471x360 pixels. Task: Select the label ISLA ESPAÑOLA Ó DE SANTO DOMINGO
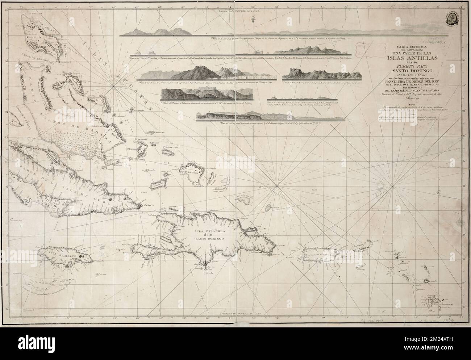point(209,235)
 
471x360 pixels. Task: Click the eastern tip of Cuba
point(140,206)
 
